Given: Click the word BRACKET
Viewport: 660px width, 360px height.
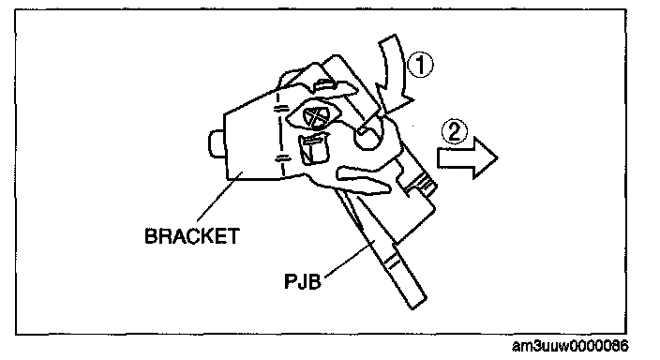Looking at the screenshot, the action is (x=192, y=236).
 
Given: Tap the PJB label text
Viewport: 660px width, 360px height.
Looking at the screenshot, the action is (x=303, y=281).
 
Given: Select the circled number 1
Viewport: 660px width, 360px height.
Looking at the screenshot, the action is (x=420, y=66).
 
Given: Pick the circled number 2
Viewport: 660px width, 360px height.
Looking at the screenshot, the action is (x=455, y=131).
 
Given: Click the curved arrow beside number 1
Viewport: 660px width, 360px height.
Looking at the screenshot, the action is (x=394, y=71).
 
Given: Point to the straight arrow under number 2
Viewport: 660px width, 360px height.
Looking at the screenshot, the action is (x=467, y=157).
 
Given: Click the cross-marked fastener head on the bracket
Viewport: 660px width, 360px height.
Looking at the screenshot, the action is (x=316, y=116).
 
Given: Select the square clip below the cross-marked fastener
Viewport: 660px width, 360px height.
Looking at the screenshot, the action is (x=313, y=148).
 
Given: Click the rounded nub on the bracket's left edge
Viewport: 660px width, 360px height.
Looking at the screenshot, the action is (x=217, y=144).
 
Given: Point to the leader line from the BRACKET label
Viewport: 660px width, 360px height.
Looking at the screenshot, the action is (x=219, y=196).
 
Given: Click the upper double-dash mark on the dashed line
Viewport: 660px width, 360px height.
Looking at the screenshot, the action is (x=281, y=110).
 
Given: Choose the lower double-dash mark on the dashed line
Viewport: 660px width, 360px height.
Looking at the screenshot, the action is (x=282, y=158).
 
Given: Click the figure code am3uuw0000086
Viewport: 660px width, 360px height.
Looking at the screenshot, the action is (x=570, y=346).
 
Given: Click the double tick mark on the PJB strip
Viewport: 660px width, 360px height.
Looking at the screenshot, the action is (x=393, y=262).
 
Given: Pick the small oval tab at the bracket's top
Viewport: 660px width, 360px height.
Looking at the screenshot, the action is (x=326, y=82).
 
